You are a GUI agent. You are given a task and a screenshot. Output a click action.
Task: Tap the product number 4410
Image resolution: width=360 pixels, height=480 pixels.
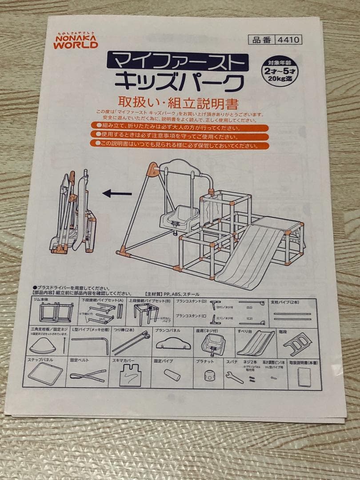coord(289,40)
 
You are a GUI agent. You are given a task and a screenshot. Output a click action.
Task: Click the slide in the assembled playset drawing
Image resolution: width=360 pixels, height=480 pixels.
coord(251,256)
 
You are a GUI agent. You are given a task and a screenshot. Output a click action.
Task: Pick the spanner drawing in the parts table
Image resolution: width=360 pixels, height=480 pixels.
coord(234,377)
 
